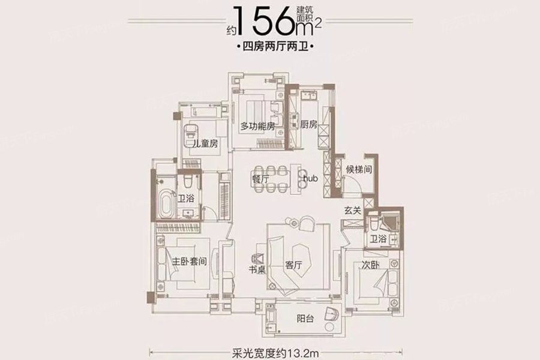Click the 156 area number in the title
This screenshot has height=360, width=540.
[x=266, y=20]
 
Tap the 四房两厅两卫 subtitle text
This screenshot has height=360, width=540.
[x=275, y=46]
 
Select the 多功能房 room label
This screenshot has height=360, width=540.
[x=257, y=127]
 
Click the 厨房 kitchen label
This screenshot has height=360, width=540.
[x=308, y=124]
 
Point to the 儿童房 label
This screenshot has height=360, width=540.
[x=205, y=143]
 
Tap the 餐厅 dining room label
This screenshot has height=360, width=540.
[x=261, y=179]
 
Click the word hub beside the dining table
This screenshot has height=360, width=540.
[x=310, y=178]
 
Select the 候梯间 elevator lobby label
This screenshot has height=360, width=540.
[x=359, y=169]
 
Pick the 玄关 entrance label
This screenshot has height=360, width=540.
[x=352, y=211]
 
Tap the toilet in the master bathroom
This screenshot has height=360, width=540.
[x=188, y=181]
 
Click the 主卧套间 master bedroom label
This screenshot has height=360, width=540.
[x=190, y=262]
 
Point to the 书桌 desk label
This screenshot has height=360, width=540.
[x=257, y=269]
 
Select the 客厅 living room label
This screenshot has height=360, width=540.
[x=294, y=265]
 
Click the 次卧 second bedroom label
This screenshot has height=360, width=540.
[x=371, y=265]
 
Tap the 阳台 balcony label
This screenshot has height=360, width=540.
[x=305, y=319]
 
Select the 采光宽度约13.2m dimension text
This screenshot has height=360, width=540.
[x=275, y=353]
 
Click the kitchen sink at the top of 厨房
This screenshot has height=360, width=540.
[x=309, y=95]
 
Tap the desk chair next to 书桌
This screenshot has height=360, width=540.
[x=258, y=258]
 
